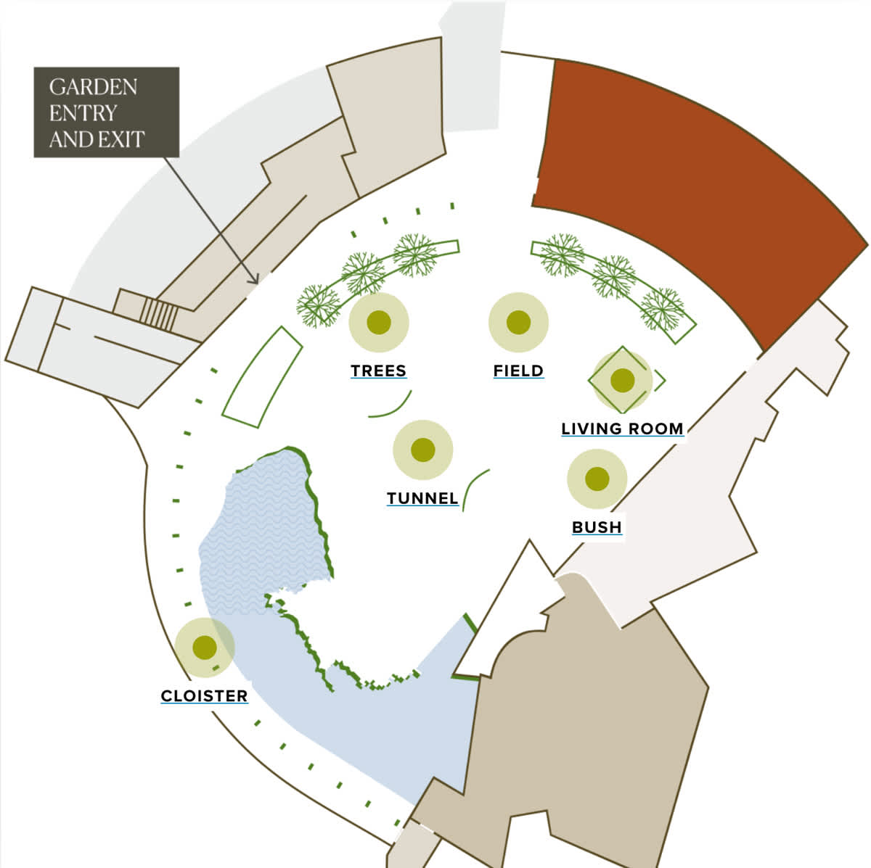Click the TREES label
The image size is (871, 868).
pyautogui.click(x=378, y=371)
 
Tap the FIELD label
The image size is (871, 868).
pyautogui.click(x=518, y=371)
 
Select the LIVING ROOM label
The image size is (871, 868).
pyautogui.click(x=622, y=429)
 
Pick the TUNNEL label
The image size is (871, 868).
pyautogui.click(x=422, y=498)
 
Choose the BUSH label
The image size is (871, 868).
pyautogui.click(x=597, y=527)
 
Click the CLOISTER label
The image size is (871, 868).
pyautogui.click(x=204, y=696)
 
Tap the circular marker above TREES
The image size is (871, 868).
pyautogui.click(x=379, y=323)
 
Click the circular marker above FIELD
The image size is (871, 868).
pyautogui.click(x=518, y=323)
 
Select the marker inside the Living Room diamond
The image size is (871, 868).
pyautogui.click(x=622, y=379)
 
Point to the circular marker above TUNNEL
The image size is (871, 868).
pyautogui.click(x=422, y=450)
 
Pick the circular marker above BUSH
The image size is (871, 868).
pyautogui.click(x=597, y=479)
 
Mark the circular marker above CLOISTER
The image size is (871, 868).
pyautogui.click(x=205, y=647)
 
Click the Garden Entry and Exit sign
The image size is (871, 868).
pyautogui.click(x=106, y=112)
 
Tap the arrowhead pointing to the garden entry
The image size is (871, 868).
pyautogui.click(x=254, y=279)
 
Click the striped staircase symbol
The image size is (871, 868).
pyautogui.click(x=159, y=314)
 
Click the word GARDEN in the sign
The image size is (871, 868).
pyautogui.click(x=93, y=87)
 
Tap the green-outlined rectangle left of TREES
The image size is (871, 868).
pyautogui.click(x=262, y=377)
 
